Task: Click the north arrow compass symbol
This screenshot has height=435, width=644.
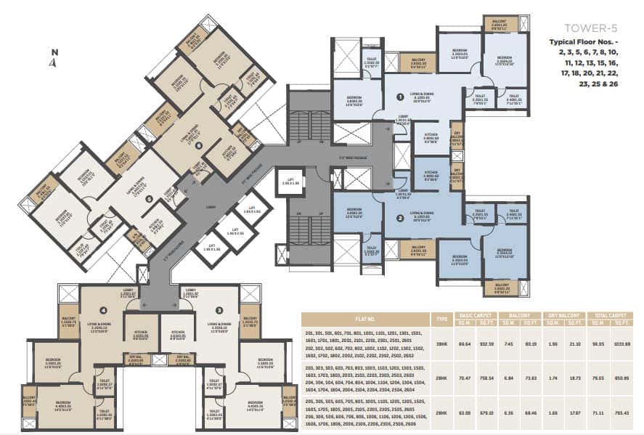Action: [x=53, y=58]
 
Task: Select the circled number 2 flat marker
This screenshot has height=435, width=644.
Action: [x=399, y=217]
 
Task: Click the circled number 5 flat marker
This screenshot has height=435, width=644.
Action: [x=149, y=198]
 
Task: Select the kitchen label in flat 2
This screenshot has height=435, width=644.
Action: [x=431, y=175]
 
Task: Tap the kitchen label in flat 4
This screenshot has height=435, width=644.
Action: [x=141, y=335]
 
